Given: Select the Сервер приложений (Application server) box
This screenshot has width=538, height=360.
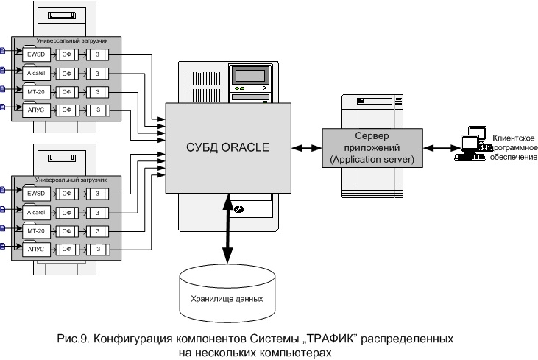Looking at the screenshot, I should [x=372, y=148].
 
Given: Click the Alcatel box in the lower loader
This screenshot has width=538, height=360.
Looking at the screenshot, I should [x=35, y=211].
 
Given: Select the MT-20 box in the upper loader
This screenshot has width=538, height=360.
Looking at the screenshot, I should [x=35, y=91].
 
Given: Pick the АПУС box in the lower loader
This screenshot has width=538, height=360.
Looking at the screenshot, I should [x=35, y=248].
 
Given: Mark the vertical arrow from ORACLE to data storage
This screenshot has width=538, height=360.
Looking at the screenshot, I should [x=227, y=228].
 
